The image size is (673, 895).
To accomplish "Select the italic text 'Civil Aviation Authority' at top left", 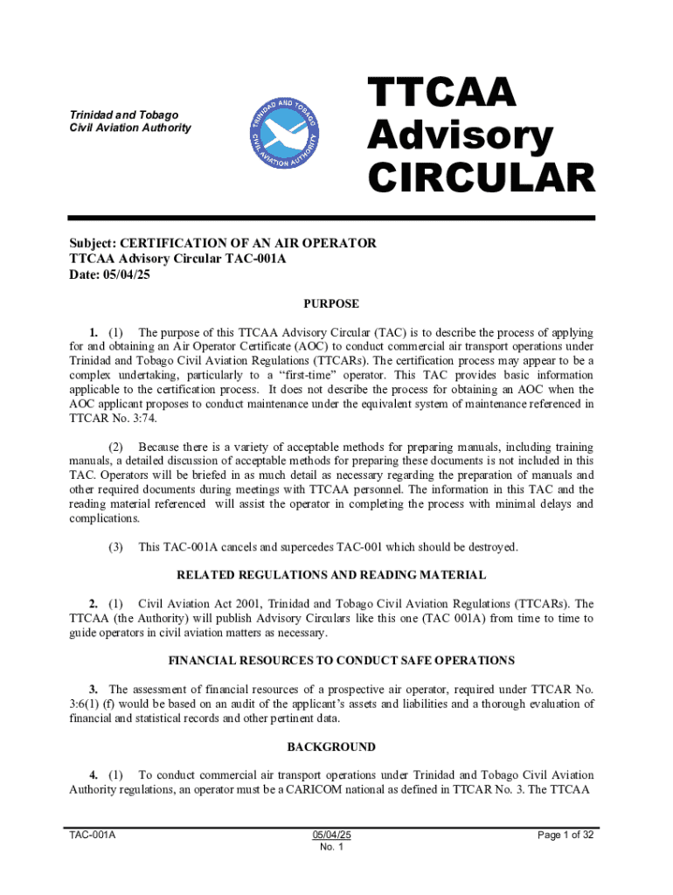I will pyautogui.click(x=129, y=128).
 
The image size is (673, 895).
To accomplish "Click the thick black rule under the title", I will pyautogui.click(x=332, y=218).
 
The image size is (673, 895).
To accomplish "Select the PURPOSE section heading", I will pyautogui.click(x=331, y=304).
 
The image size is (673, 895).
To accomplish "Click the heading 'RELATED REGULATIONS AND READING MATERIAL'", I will pyautogui.click(x=331, y=575).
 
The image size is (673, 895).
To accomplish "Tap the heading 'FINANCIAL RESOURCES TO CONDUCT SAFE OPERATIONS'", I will pyautogui.click(x=331, y=661).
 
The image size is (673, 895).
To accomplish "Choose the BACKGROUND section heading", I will pyautogui.click(x=331, y=747).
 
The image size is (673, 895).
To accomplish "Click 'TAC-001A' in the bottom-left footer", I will pyautogui.click(x=94, y=835).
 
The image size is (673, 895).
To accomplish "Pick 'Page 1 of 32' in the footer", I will pyautogui.click(x=566, y=835).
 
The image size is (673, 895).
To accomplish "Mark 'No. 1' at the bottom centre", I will pyautogui.click(x=331, y=848).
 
